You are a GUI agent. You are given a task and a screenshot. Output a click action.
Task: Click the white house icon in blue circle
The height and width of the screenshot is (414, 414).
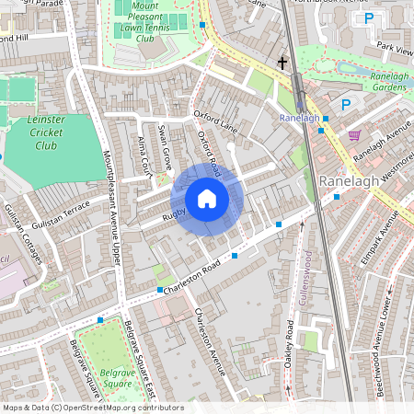[207, 199]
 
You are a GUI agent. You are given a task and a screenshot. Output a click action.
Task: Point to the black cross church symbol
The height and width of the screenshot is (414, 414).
[282, 63]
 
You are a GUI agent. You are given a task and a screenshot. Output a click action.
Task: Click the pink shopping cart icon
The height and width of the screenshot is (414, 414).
[354, 134]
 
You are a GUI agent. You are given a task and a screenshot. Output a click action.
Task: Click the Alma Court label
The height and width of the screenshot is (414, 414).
[144, 157]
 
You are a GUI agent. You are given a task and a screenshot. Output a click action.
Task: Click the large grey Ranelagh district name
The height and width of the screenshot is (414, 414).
[350, 181]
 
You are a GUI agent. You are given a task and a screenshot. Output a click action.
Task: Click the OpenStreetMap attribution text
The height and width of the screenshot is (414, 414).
[92, 408]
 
